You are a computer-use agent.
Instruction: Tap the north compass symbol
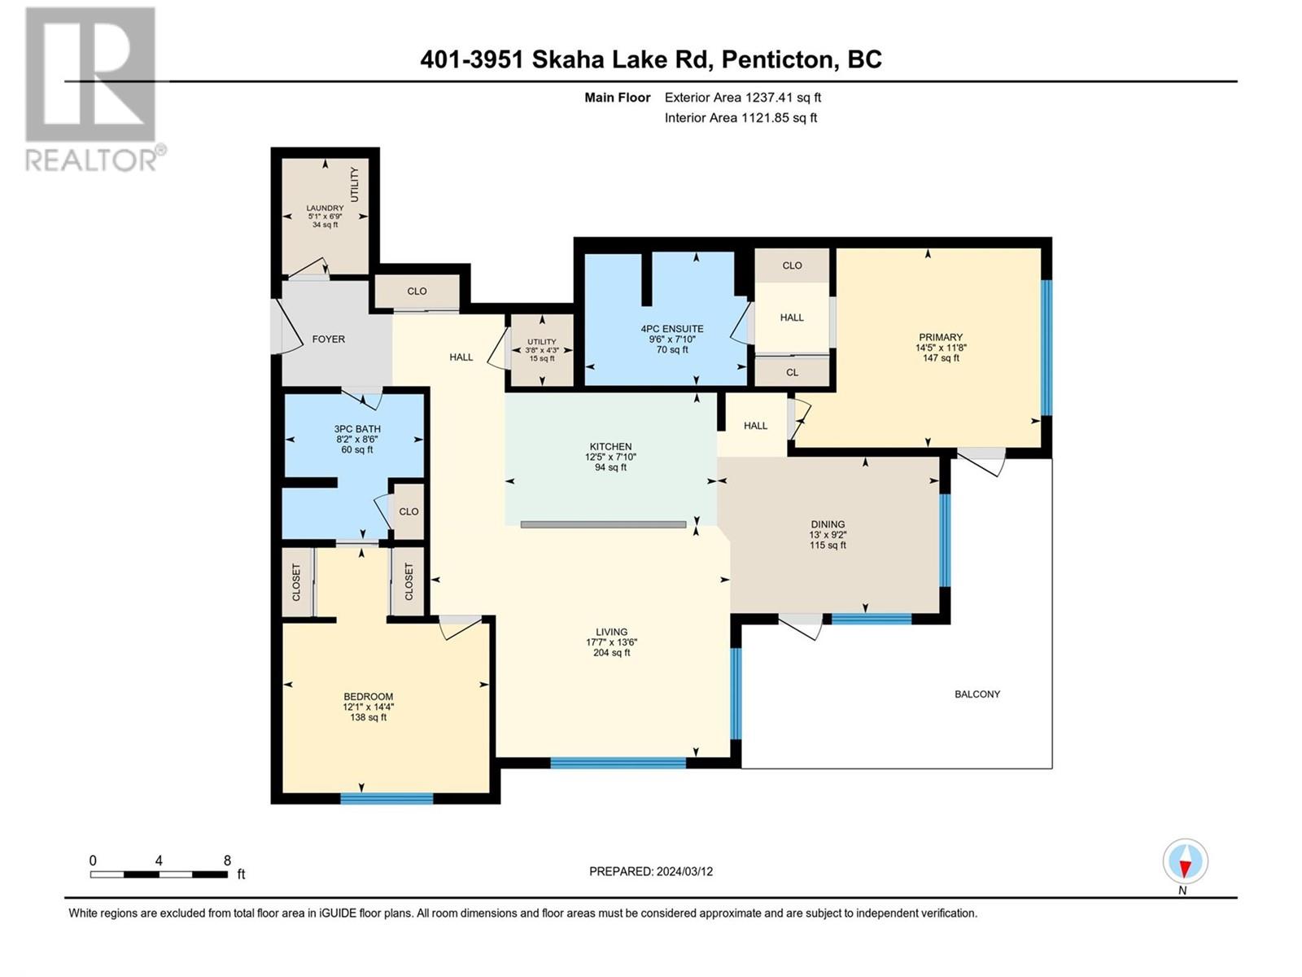click(x=1185, y=861)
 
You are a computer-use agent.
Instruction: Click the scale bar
click(x=159, y=874)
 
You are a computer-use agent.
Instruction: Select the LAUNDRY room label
click(x=325, y=208)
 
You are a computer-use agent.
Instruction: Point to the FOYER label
click(x=329, y=340)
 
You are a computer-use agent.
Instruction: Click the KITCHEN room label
click(x=610, y=447)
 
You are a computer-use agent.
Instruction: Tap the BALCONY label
click(x=977, y=694)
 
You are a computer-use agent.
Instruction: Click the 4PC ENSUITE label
click(x=672, y=329)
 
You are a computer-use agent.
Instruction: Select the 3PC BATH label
click(x=357, y=429)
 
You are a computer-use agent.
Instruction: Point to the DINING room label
click(x=828, y=524)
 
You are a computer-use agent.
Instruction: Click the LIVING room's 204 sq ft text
click(x=612, y=652)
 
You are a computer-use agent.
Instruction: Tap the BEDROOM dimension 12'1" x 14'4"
click(x=369, y=707)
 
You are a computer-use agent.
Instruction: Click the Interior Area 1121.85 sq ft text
click(x=741, y=118)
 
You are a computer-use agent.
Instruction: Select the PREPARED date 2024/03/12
click(x=684, y=871)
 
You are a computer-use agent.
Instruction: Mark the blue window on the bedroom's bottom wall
click(x=387, y=799)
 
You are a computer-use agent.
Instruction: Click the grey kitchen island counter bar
click(x=603, y=524)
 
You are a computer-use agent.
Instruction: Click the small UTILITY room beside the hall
click(x=542, y=350)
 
